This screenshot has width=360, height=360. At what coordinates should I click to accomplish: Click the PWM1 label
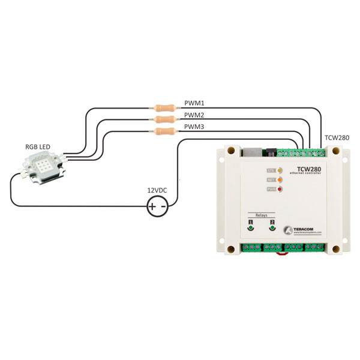pos(193,103)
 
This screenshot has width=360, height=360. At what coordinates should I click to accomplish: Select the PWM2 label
pos(193,115)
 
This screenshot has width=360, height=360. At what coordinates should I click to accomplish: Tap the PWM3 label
pos(193,127)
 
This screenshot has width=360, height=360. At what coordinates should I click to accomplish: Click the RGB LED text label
pos(37,147)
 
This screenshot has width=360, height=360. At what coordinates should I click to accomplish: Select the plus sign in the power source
pos(153,208)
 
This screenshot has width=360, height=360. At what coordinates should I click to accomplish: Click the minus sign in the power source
pos(163,208)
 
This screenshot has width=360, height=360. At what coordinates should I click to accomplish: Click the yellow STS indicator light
pos(280,171)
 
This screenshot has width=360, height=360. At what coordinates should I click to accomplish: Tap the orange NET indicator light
pos(280,180)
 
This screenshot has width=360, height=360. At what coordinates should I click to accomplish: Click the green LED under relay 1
pos(251,229)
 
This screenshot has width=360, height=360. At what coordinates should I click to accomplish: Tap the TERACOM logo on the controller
pos(306,230)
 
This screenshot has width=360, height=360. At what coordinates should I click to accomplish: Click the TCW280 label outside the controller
pos(337,137)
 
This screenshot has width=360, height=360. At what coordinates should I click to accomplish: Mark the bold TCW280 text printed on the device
pos(308,169)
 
